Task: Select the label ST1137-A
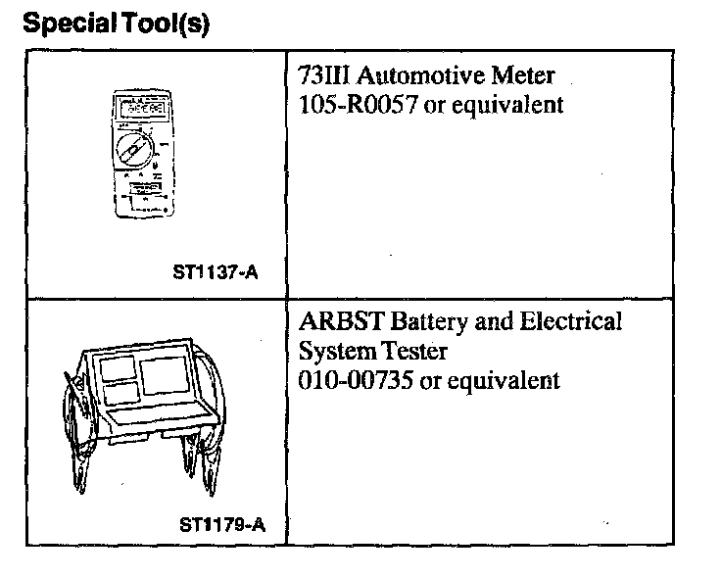coord(216,274)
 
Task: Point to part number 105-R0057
coord(360,104)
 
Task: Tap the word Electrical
coord(567,321)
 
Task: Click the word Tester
coord(411,351)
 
